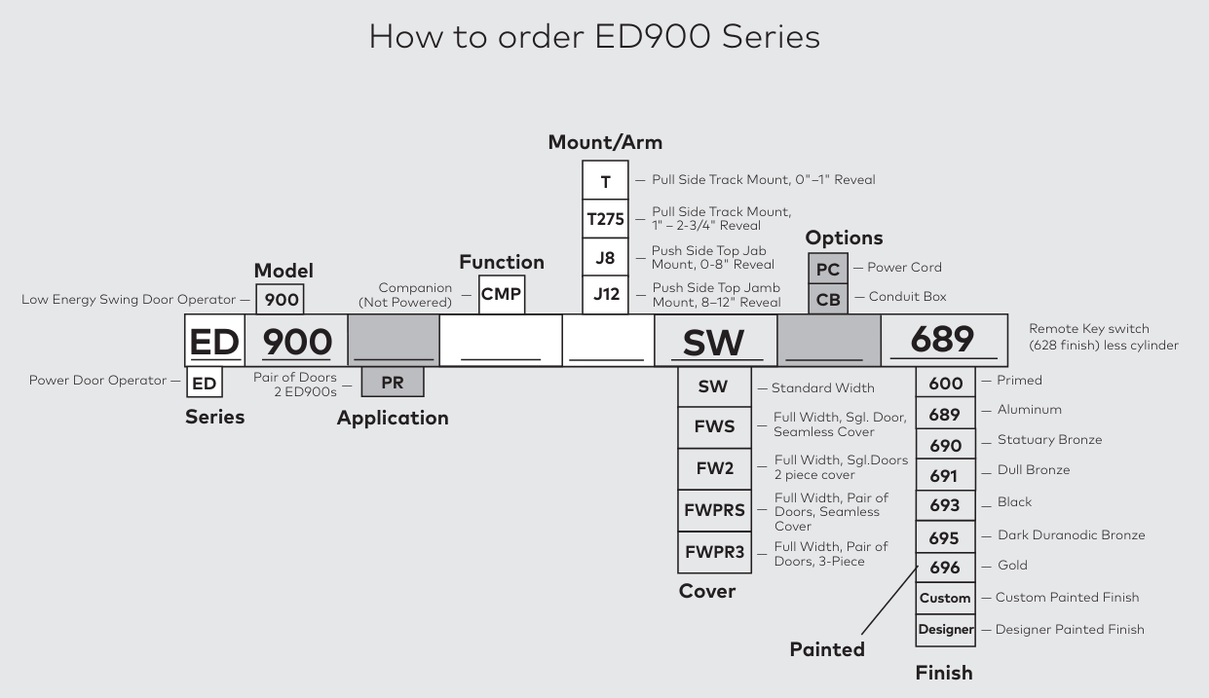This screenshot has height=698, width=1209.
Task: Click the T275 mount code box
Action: click(605, 219)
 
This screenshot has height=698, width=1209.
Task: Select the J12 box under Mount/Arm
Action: click(605, 294)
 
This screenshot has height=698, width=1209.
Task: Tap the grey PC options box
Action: click(828, 268)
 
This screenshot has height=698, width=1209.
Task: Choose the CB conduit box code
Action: click(828, 299)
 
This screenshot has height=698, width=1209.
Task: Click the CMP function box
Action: click(501, 294)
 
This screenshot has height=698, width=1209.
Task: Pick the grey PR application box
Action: click(392, 383)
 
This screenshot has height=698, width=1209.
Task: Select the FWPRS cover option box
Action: click(714, 511)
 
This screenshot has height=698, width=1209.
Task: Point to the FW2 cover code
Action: click(714, 468)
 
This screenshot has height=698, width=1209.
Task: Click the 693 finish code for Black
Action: click(945, 505)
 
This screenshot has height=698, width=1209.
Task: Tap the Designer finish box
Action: click(945, 629)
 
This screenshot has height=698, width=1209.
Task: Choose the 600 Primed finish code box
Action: click(945, 383)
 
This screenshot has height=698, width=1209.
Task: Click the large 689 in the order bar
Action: click(942, 339)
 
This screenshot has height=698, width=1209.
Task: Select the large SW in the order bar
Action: click(714, 342)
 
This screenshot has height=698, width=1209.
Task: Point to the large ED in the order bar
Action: click(214, 342)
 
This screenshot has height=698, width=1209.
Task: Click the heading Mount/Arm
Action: click(605, 142)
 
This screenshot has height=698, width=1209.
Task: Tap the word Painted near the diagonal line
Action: click(827, 649)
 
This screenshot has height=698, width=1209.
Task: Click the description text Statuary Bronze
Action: click(1049, 440)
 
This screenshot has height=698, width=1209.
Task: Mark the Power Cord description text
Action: click(904, 268)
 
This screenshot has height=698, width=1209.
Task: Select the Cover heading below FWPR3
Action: click(707, 591)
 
